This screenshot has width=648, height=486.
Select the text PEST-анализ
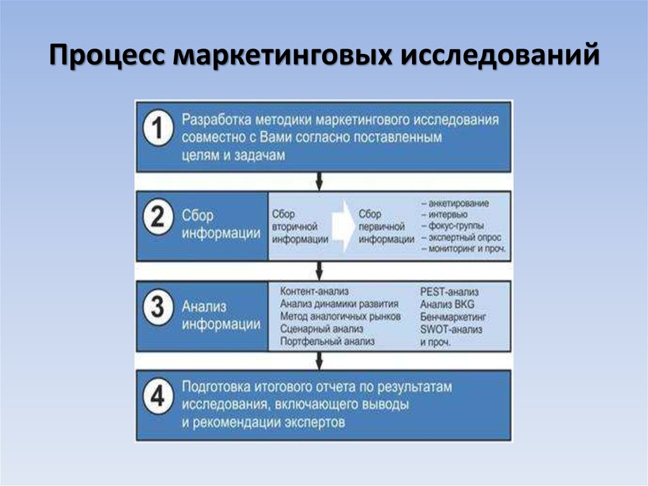(449, 292)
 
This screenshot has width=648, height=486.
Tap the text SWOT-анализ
(451, 329)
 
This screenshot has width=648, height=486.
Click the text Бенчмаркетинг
(452, 317)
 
